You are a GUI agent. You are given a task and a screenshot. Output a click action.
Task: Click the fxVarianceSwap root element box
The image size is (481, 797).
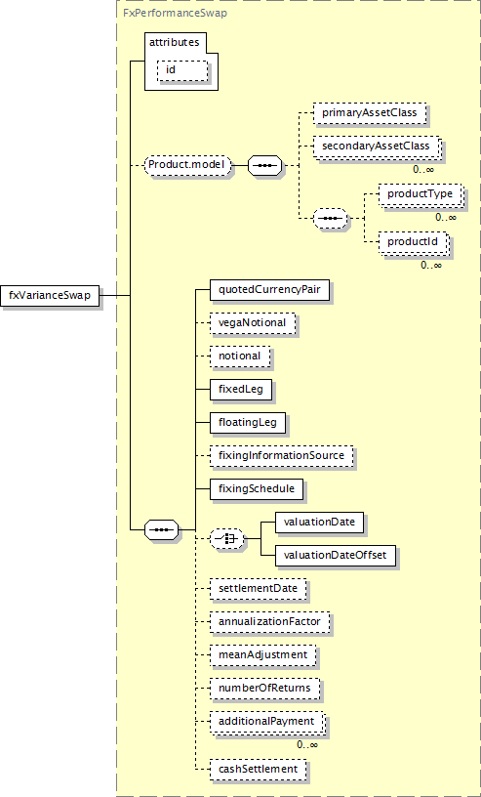[50, 295]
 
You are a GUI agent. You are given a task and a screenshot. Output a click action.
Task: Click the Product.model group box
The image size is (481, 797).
[188, 166]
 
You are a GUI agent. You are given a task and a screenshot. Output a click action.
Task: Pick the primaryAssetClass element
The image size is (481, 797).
[369, 113]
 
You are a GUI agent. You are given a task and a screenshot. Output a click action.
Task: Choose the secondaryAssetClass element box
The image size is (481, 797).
[377, 147]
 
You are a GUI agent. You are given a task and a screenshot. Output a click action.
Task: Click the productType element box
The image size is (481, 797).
[421, 194]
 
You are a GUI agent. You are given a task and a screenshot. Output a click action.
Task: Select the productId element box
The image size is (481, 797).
[413, 242]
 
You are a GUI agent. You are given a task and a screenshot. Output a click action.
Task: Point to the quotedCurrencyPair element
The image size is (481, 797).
[269, 290]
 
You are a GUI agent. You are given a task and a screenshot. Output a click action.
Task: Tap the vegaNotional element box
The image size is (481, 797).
[253, 322]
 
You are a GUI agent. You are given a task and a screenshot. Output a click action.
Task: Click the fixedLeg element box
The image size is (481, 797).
[240, 390]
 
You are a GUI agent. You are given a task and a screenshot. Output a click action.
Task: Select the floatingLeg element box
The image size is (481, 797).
[248, 423]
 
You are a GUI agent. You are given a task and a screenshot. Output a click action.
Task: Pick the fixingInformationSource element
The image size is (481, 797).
[281, 456]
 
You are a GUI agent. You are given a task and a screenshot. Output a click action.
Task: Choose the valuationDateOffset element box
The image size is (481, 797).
[335, 556]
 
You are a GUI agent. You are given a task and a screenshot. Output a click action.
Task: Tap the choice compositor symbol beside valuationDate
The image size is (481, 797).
[226, 539]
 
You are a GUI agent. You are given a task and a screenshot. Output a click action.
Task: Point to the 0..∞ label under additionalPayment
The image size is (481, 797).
[307, 744]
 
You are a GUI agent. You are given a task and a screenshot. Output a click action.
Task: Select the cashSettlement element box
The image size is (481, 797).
[258, 769]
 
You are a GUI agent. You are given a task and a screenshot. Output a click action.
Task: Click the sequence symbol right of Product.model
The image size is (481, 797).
[264, 166]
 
